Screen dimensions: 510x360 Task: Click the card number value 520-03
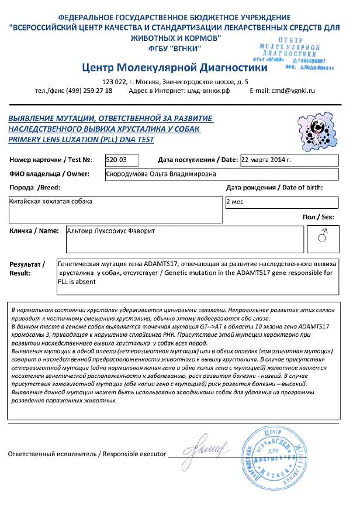[x=116, y=160]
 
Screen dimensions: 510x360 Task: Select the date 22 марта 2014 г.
[x=266, y=160]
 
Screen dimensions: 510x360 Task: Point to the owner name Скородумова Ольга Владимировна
[x=160, y=174]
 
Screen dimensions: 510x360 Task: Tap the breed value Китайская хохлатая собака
[x=51, y=201]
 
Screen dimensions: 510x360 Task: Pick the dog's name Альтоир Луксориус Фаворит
[x=114, y=230]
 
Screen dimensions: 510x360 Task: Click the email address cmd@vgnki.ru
[x=290, y=91]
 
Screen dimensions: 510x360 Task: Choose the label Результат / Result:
[x=27, y=268]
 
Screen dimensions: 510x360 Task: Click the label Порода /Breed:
[x=35, y=188]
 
